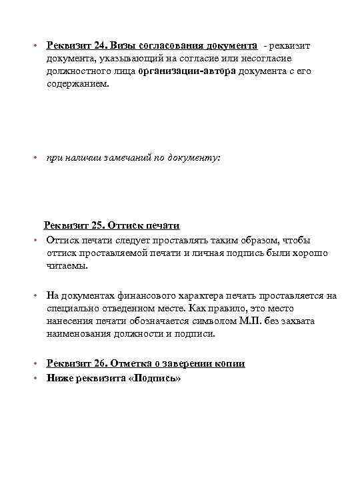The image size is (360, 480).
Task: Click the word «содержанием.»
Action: [75, 84]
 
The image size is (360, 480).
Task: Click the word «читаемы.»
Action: [67, 265]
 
